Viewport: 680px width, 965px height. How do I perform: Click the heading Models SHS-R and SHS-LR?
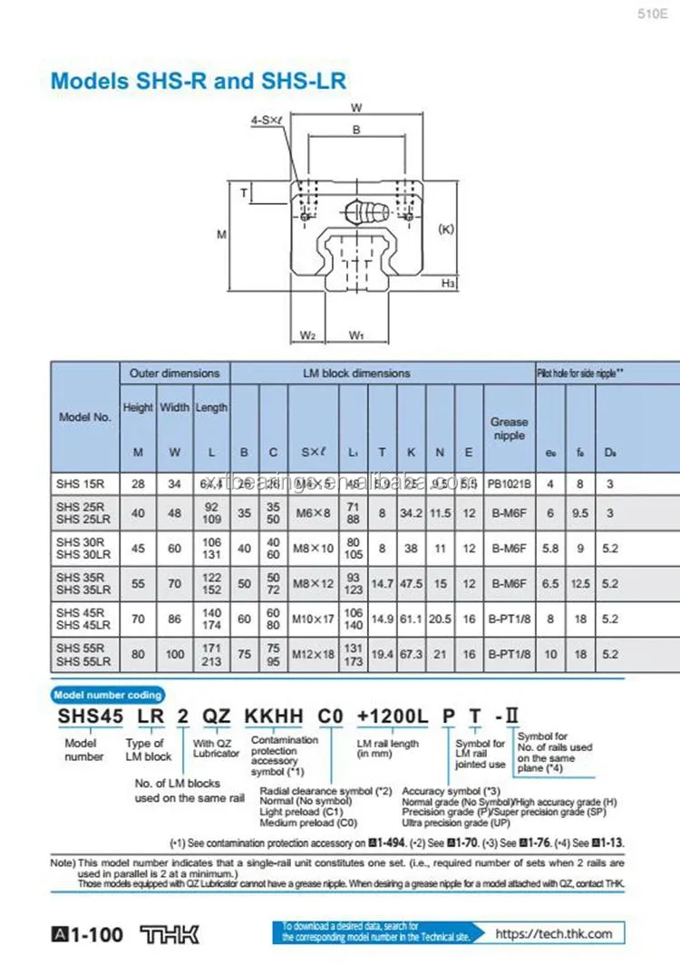(x=198, y=81)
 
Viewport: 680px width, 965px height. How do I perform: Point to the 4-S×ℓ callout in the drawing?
(x=265, y=120)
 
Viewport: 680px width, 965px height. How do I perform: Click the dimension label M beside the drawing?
(x=220, y=234)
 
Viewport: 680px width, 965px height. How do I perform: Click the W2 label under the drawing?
(x=307, y=335)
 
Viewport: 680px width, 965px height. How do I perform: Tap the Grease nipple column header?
(x=509, y=428)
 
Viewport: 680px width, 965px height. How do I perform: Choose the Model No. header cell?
(x=84, y=417)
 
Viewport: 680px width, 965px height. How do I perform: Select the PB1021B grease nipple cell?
(x=510, y=483)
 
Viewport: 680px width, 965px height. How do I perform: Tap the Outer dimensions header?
(x=174, y=373)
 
